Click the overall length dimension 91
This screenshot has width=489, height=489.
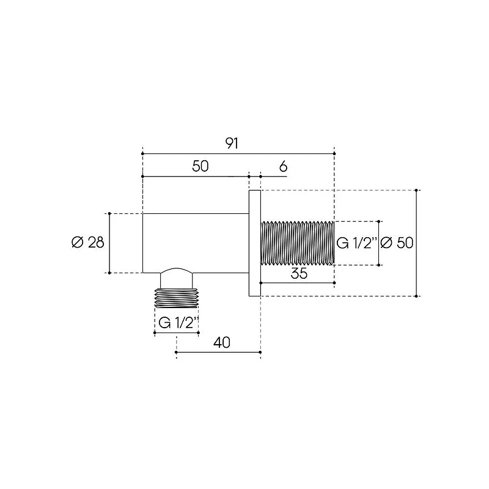232,144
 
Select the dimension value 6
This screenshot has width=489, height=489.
283,167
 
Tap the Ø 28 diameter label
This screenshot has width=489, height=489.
88,242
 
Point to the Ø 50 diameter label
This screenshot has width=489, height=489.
397,243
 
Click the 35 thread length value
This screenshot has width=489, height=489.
299,273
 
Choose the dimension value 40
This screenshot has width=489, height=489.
222,342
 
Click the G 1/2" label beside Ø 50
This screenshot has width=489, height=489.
357,243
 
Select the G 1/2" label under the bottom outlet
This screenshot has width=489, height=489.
178,323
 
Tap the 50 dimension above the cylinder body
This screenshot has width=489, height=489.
200,166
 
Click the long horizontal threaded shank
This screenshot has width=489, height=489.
297,243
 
